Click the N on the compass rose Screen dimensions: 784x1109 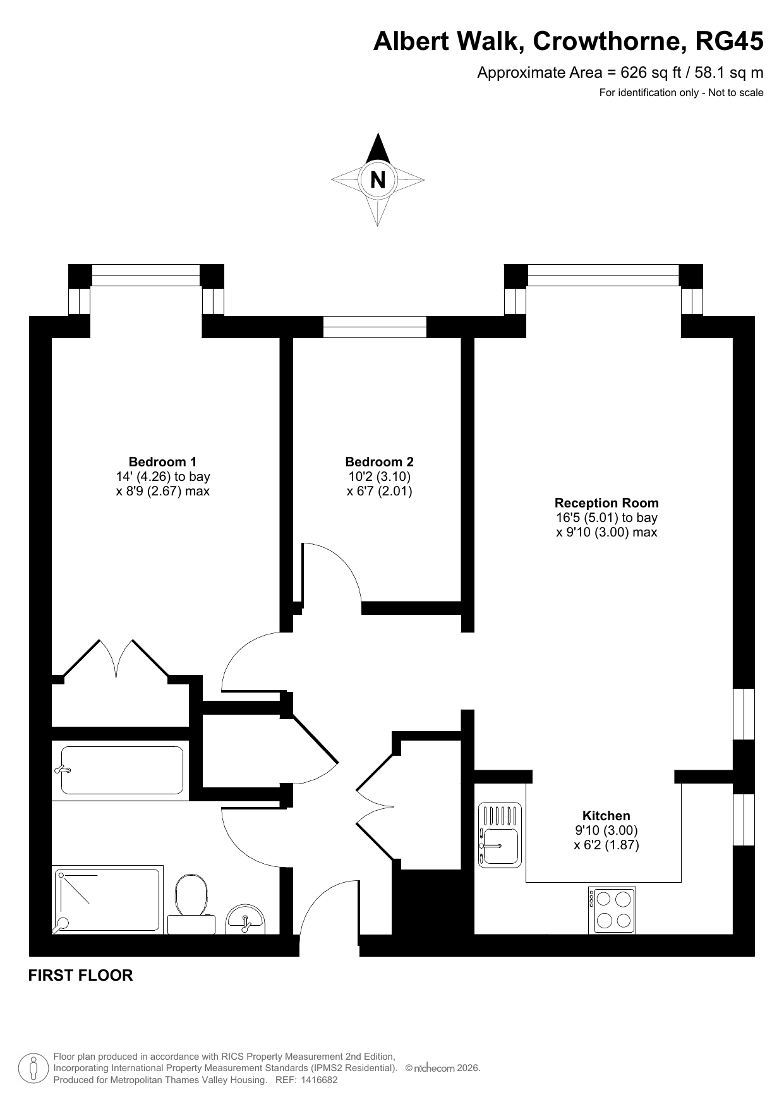tap(378, 180)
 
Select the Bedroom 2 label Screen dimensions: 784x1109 tap(380, 462)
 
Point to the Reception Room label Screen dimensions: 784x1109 tap(606, 503)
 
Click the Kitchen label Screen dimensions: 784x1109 tap(606, 816)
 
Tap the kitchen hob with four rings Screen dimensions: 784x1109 tap(612, 910)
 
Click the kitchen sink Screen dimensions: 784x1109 tap(500, 833)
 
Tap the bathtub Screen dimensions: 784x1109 tap(121, 770)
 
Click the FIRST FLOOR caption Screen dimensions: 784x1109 tap(81, 975)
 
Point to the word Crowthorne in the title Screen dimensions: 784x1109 tap(609, 42)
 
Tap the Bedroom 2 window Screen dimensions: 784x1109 tap(375, 327)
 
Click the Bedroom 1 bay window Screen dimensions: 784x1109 tap(146, 275)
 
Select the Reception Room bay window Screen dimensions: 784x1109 tap(603, 275)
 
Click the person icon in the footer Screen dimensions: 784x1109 tap(35, 1069)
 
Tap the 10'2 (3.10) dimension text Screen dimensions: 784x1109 tap(380, 476)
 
